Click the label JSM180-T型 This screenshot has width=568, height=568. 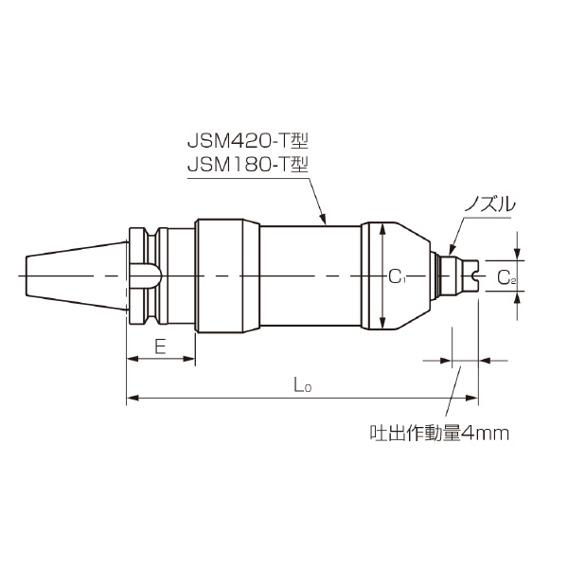pyautogui.click(x=248, y=164)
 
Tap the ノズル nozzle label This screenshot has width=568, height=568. pyautogui.click(x=489, y=203)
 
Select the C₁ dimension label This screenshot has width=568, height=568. pyautogui.click(x=398, y=276)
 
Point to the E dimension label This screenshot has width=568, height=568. pyautogui.click(x=160, y=346)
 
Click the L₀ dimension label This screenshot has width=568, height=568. pyautogui.click(x=302, y=385)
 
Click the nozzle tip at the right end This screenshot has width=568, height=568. pyautogui.click(x=470, y=275)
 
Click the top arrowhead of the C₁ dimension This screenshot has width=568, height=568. pyautogui.click(x=380, y=228)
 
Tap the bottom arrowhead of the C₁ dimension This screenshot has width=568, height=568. pyautogui.click(x=380, y=321)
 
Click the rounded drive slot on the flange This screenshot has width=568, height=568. pyautogui.click(x=145, y=275)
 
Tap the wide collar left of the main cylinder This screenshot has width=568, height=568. pyautogui.click(x=227, y=275)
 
